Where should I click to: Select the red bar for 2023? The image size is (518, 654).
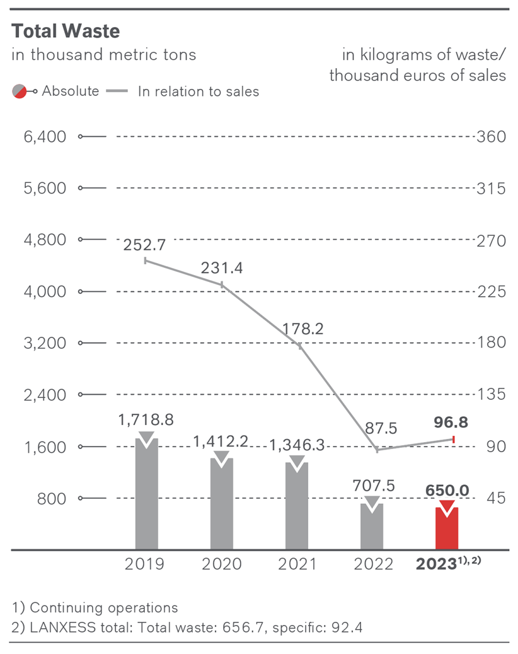pos(447,528)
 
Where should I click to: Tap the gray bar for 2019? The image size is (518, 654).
pos(147,495)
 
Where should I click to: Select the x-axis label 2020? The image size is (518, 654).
pos(221,564)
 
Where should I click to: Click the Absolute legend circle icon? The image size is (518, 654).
pos(20,91)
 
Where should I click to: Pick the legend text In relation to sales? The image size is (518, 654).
pos(199,91)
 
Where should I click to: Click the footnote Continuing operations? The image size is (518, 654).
pos(103,608)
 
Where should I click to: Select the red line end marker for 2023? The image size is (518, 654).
pos(454,438)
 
